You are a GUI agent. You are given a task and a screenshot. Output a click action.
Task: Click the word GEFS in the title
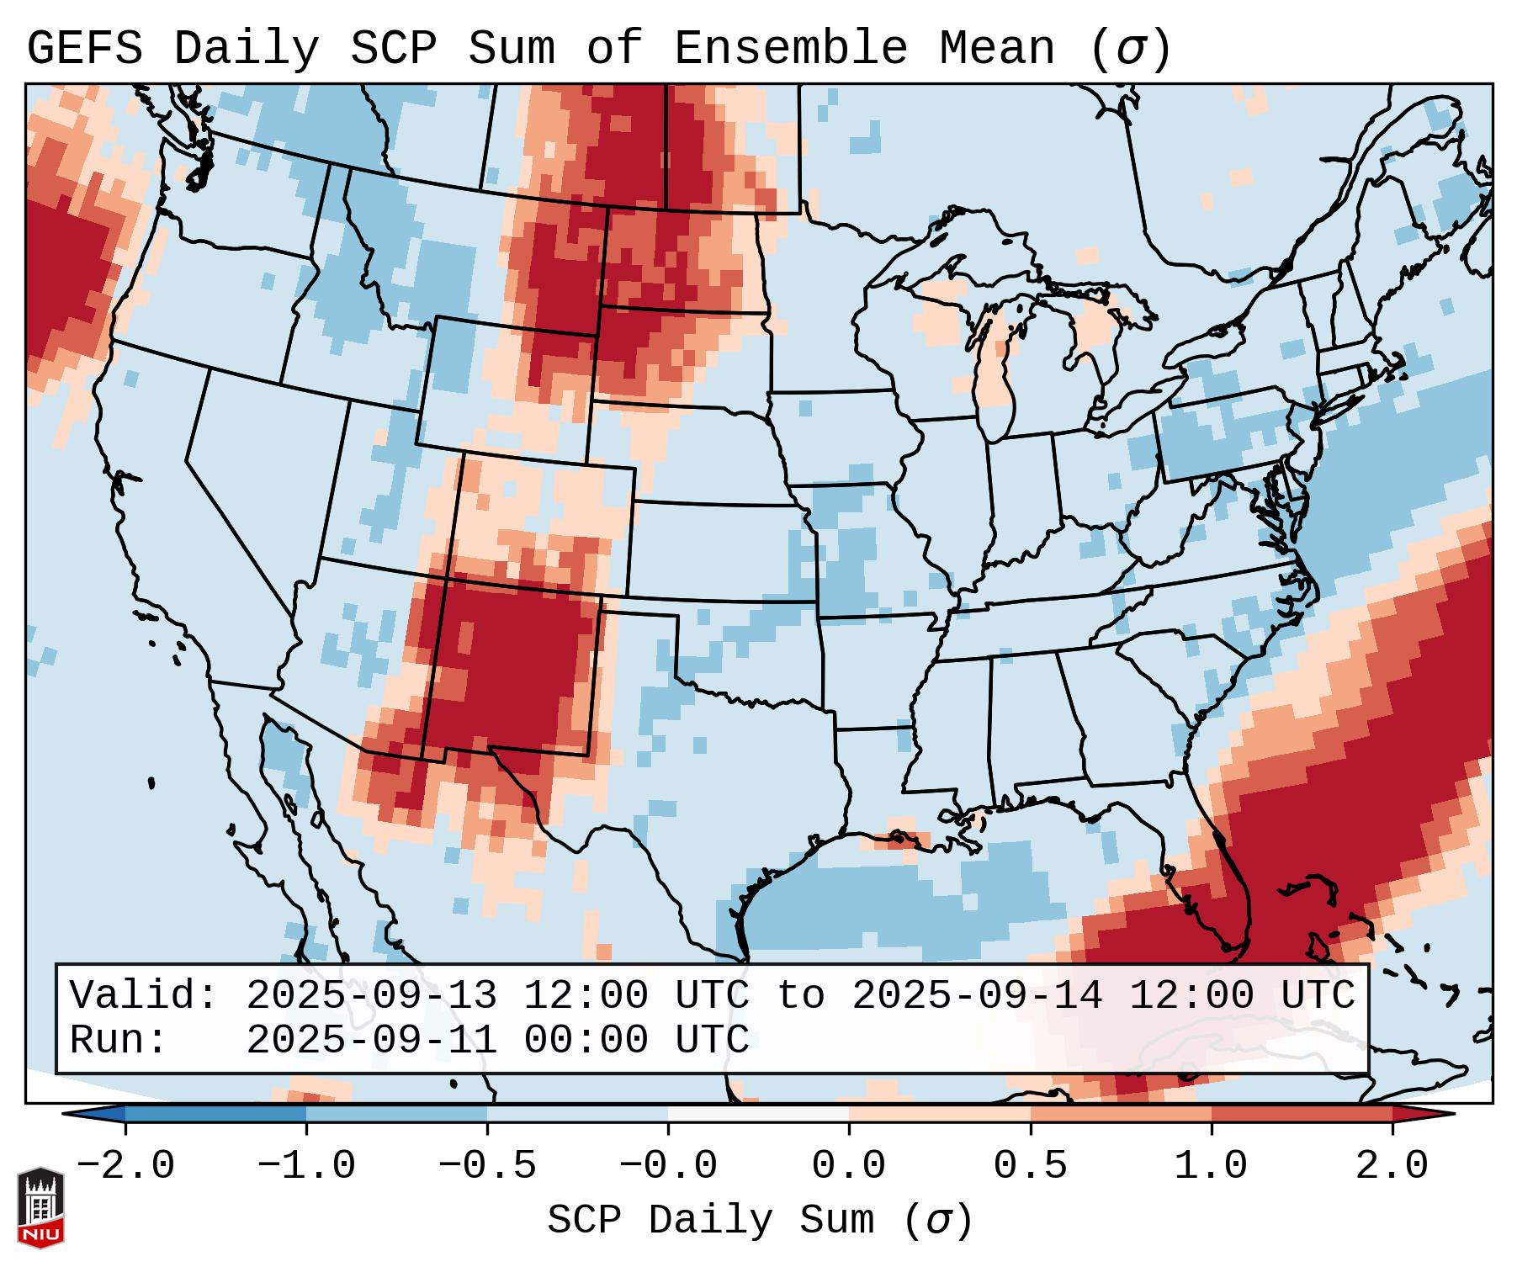(84, 49)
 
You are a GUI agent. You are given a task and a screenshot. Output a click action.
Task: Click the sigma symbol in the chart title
(1131, 49)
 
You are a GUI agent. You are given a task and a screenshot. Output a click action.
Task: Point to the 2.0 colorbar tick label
(1392, 1166)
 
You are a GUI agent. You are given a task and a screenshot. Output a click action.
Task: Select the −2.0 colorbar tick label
(125, 1166)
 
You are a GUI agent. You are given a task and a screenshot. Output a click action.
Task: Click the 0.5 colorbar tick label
(1030, 1166)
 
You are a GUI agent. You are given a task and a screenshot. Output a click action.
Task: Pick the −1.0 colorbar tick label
(306, 1166)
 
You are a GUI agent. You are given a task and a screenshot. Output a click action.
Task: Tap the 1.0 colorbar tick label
(1211, 1166)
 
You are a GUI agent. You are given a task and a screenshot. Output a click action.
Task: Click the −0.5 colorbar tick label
(487, 1166)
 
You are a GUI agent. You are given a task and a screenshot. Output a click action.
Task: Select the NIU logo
(40, 1206)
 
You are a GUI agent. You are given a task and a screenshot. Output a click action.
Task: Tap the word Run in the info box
(117, 1040)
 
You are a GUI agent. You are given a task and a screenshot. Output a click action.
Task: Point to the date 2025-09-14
(977, 995)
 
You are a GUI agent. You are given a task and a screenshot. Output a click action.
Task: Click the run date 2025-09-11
(371, 1040)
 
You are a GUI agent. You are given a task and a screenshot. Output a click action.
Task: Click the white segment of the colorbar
(758, 1114)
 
